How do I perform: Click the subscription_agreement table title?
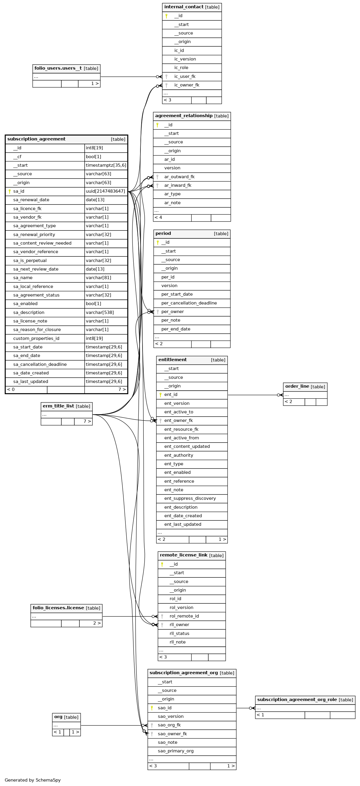tap(36, 139)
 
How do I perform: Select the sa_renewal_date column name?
tap(31, 200)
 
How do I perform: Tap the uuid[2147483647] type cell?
tap(105, 191)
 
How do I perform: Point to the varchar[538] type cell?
tap(100, 312)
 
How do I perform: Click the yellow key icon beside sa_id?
tap(10, 191)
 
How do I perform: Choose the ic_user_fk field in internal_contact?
tap(185, 77)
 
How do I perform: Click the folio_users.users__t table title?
tap(58, 68)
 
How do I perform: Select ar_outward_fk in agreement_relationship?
tap(179, 177)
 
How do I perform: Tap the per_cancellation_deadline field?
tap(189, 303)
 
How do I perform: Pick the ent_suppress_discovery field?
tap(190, 498)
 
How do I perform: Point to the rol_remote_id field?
tap(184, 616)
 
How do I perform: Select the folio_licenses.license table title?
tap(58, 608)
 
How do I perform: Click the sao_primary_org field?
tap(175, 751)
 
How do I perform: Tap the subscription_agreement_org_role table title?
tap(297, 700)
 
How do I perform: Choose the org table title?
tap(58, 717)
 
